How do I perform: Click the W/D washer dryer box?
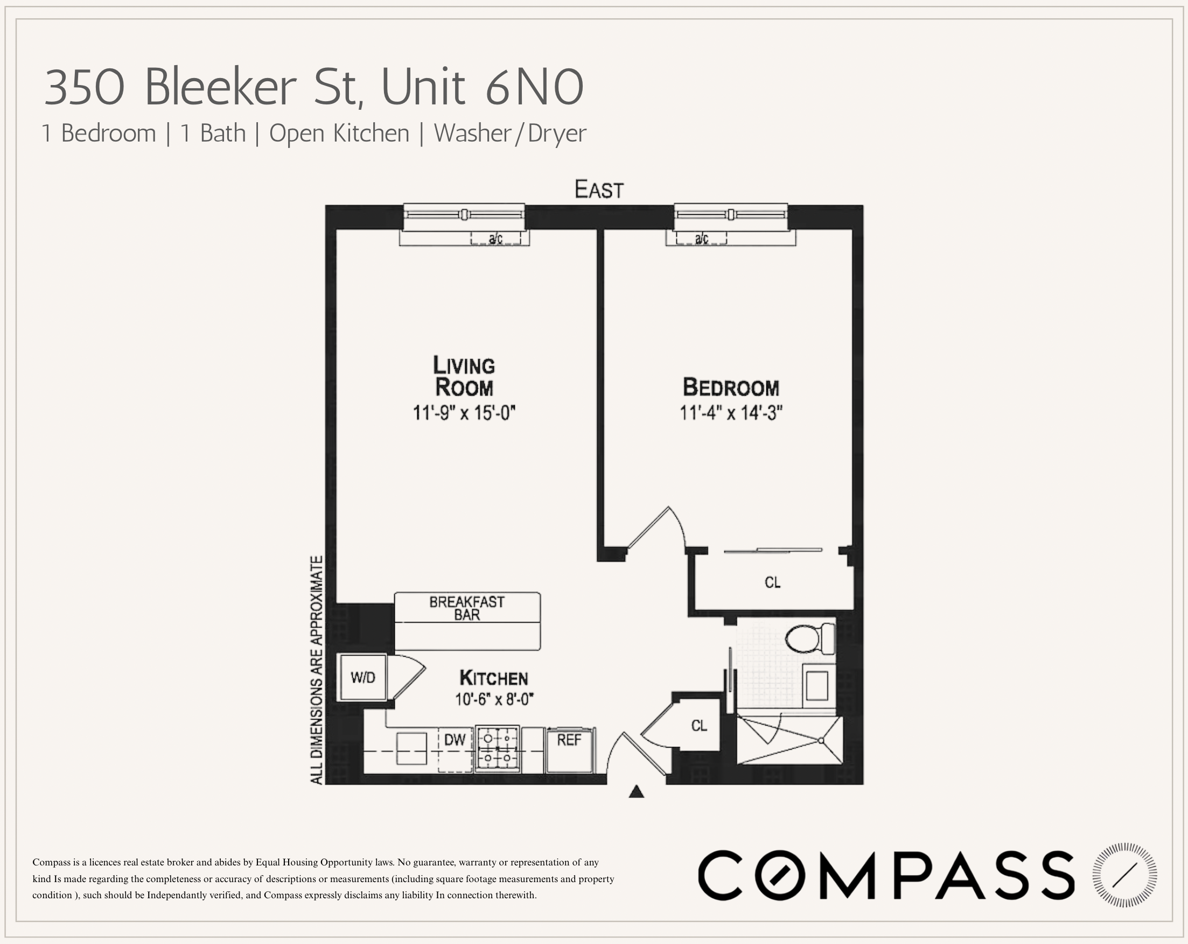coord(362,678)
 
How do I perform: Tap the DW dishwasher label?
coord(455,739)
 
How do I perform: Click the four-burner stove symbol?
coord(497,749)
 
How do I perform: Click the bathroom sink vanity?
coord(817,685)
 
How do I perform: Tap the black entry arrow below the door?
coord(637,792)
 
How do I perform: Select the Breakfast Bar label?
coord(467,608)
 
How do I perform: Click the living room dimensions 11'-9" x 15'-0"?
coord(464,412)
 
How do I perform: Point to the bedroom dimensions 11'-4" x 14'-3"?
coord(731,412)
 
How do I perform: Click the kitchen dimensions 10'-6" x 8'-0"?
coord(494,700)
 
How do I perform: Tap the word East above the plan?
coord(599,189)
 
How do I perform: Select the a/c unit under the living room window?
coord(495,238)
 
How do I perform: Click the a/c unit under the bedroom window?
coord(701,238)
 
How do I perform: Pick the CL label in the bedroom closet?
coord(773,582)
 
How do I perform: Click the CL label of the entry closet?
coord(698,726)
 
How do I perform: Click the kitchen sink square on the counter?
coord(411,748)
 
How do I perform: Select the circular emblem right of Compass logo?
coord(1124,875)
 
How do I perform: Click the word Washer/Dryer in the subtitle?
coord(509,133)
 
